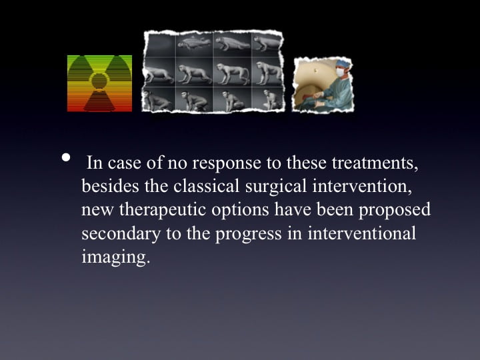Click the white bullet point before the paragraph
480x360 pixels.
pyautogui.click(x=66, y=157)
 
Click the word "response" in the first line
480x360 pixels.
pyautogui.click(x=227, y=163)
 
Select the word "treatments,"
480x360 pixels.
pyautogui.click(x=375, y=163)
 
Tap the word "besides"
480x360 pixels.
pyautogui.click(x=110, y=186)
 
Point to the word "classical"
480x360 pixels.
pyautogui.click(x=206, y=186)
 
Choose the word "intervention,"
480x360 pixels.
pyautogui.click(x=362, y=186)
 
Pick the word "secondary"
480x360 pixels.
pyautogui.click(x=121, y=234)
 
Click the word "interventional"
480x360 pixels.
pyautogui.click(x=362, y=233)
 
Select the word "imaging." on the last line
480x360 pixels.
pyautogui.click(x=116, y=257)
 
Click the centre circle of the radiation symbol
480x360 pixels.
pyautogui.click(x=99, y=81)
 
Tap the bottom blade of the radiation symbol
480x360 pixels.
pyautogui.click(x=99, y=101)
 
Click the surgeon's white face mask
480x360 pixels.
pyautogui.click(x=340, y=73)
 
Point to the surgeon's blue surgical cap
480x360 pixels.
pyautogui.click(x=342, y=63)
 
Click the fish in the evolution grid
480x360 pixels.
pyautogui.click(x=195, y=43)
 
